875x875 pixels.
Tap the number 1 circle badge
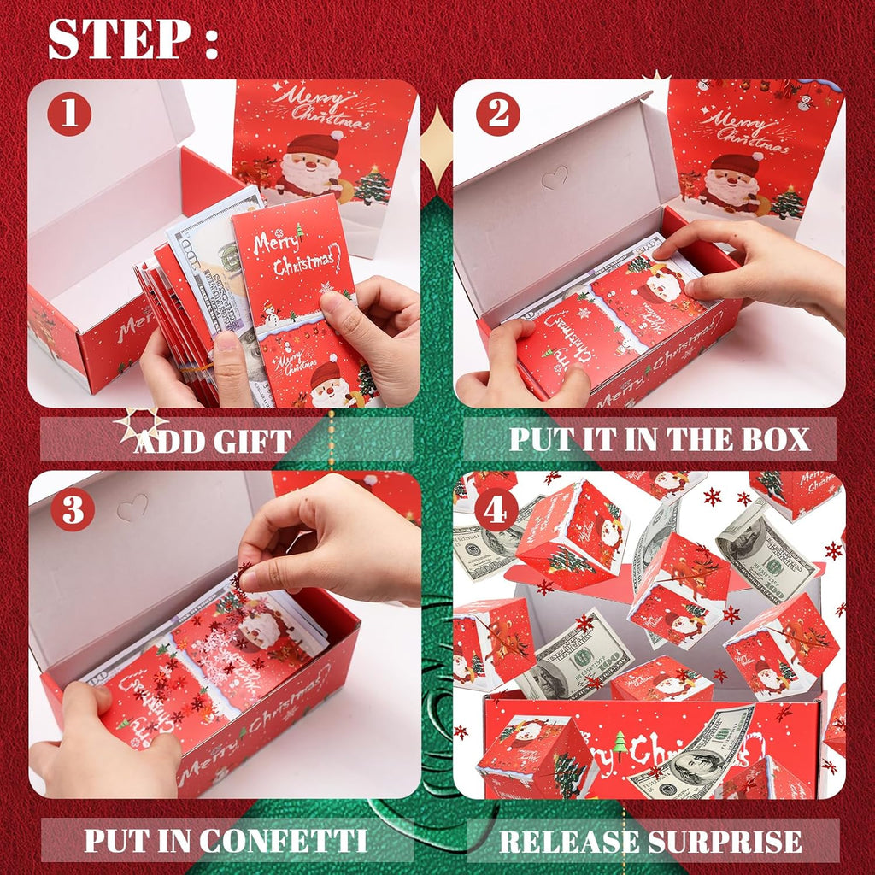click(x=69, y=115)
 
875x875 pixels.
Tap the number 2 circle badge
click(x=496, y=115)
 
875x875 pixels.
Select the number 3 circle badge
click(x=72, y=510)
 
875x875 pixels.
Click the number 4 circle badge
click(x=496, y=510)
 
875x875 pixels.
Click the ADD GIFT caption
click(x=213, y=441)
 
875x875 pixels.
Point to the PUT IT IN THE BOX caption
click(x=659, y=439)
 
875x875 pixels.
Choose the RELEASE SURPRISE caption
click(x=650, y=841)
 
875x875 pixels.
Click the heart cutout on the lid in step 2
click(x=555, y=179)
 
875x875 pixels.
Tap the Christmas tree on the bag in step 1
click(x=373, y=185)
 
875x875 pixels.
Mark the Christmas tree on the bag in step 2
click(x=788, y=203)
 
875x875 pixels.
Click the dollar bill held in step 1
click(x=214, y=256)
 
